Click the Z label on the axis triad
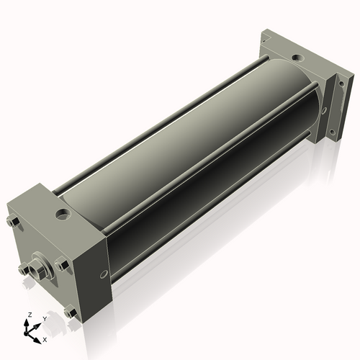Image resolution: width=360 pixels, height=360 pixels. [x=30, y=315]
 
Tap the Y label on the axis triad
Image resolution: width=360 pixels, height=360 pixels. [x=45, y=319]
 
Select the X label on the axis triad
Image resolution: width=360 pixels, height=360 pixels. [x=45, y=340]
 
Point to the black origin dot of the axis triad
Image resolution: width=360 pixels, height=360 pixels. [x=26, y=333]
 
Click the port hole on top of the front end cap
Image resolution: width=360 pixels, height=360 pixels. [x=63, y=214]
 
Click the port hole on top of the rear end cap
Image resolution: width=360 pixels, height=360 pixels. [x=298, y=58]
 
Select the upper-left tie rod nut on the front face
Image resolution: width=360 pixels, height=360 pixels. [x=14, y=222]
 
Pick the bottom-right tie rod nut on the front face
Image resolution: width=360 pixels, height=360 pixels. [x=71, y=312]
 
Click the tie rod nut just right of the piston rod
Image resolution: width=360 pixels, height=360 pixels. [x=62, y=266]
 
